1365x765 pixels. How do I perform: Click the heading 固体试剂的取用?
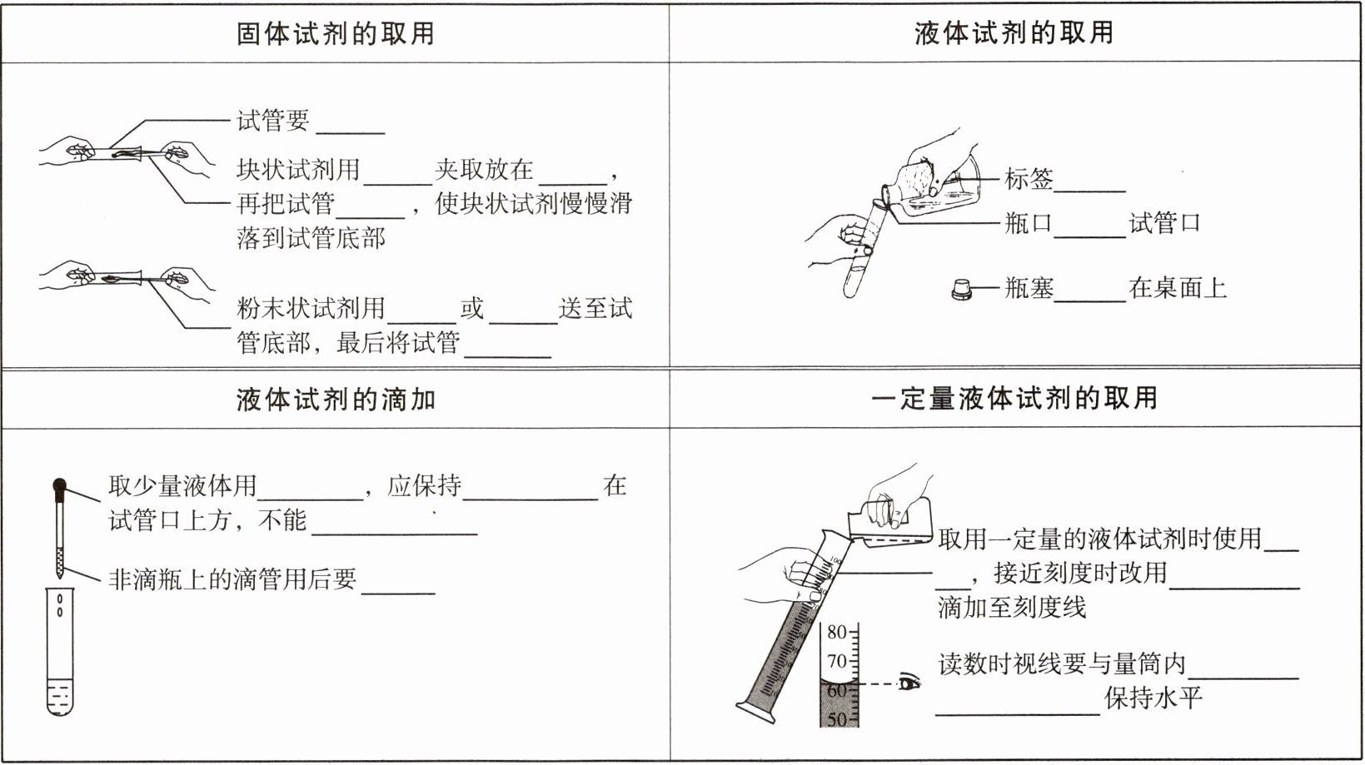(x=335, y=33)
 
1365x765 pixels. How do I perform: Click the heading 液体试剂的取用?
(x=1014, y=33)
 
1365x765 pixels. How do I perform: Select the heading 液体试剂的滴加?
(x=335, y=400)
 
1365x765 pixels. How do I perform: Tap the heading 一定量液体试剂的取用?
(x=1014, y=398)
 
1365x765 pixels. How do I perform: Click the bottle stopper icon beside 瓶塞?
(x=962, y=290)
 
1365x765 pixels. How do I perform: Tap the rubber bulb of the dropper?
(x=59, y=485)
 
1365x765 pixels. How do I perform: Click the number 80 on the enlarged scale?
(x=836, y=632)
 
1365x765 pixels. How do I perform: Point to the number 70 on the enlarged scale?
(x=836, y=662)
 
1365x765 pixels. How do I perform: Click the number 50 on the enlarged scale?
(x=836, y=719)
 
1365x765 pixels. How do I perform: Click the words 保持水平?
(x=1153, y=698)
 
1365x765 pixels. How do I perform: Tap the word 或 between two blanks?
(x=472, y=309)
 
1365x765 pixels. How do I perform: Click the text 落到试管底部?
(x=311, y=238)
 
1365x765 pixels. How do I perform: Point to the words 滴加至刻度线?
(x=1012, y=608)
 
